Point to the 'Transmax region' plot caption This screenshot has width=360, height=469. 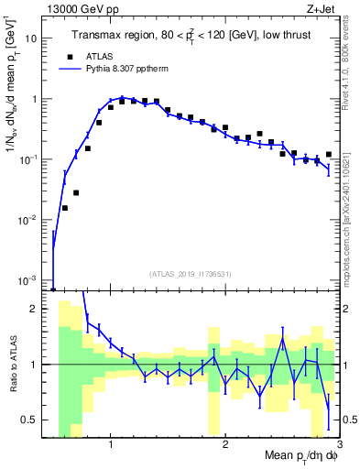click(x=191, y=36)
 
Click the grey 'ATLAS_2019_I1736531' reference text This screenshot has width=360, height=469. click(x=191, y=274)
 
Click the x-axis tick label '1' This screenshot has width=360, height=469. click(x=111, y=444)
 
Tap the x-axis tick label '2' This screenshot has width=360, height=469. click(x=225, y=444)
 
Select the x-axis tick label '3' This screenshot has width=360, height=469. click(x=338, y=444)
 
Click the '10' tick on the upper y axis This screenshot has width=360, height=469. click(x=34, y=39)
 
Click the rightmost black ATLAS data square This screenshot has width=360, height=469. click(x=329, y=155)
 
